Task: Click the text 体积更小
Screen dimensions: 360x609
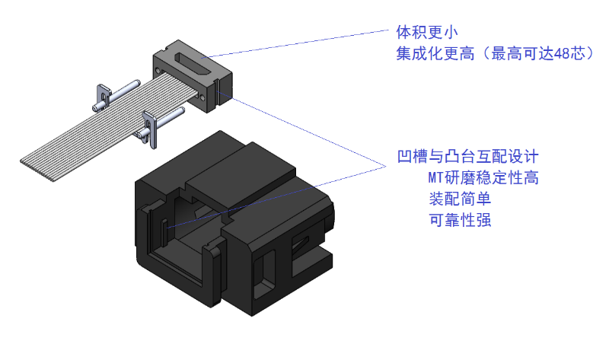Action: pyautogui.click(x=426, y=33)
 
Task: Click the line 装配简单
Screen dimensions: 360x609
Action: pyautogui.click(x=460, y=199)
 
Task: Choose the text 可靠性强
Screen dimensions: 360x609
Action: pyautogui.click(x=460, y=221)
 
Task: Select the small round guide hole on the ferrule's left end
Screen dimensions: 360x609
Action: pyautogui.click(x=158, y=70)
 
